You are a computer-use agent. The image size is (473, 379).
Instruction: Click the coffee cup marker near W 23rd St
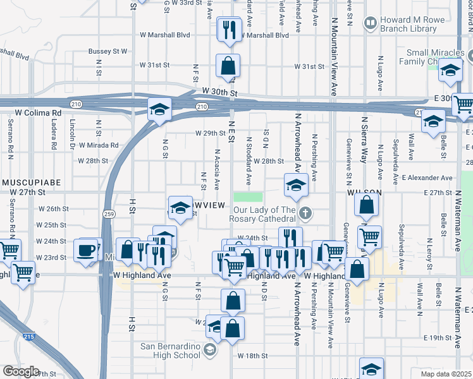87,250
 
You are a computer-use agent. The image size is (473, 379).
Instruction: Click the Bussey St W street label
108,51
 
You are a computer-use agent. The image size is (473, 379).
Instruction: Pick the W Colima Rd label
39,113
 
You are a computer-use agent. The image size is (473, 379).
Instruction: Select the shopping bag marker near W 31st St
228,66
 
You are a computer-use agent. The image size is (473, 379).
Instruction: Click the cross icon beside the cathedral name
306,212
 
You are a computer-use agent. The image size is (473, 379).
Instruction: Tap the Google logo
20,371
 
